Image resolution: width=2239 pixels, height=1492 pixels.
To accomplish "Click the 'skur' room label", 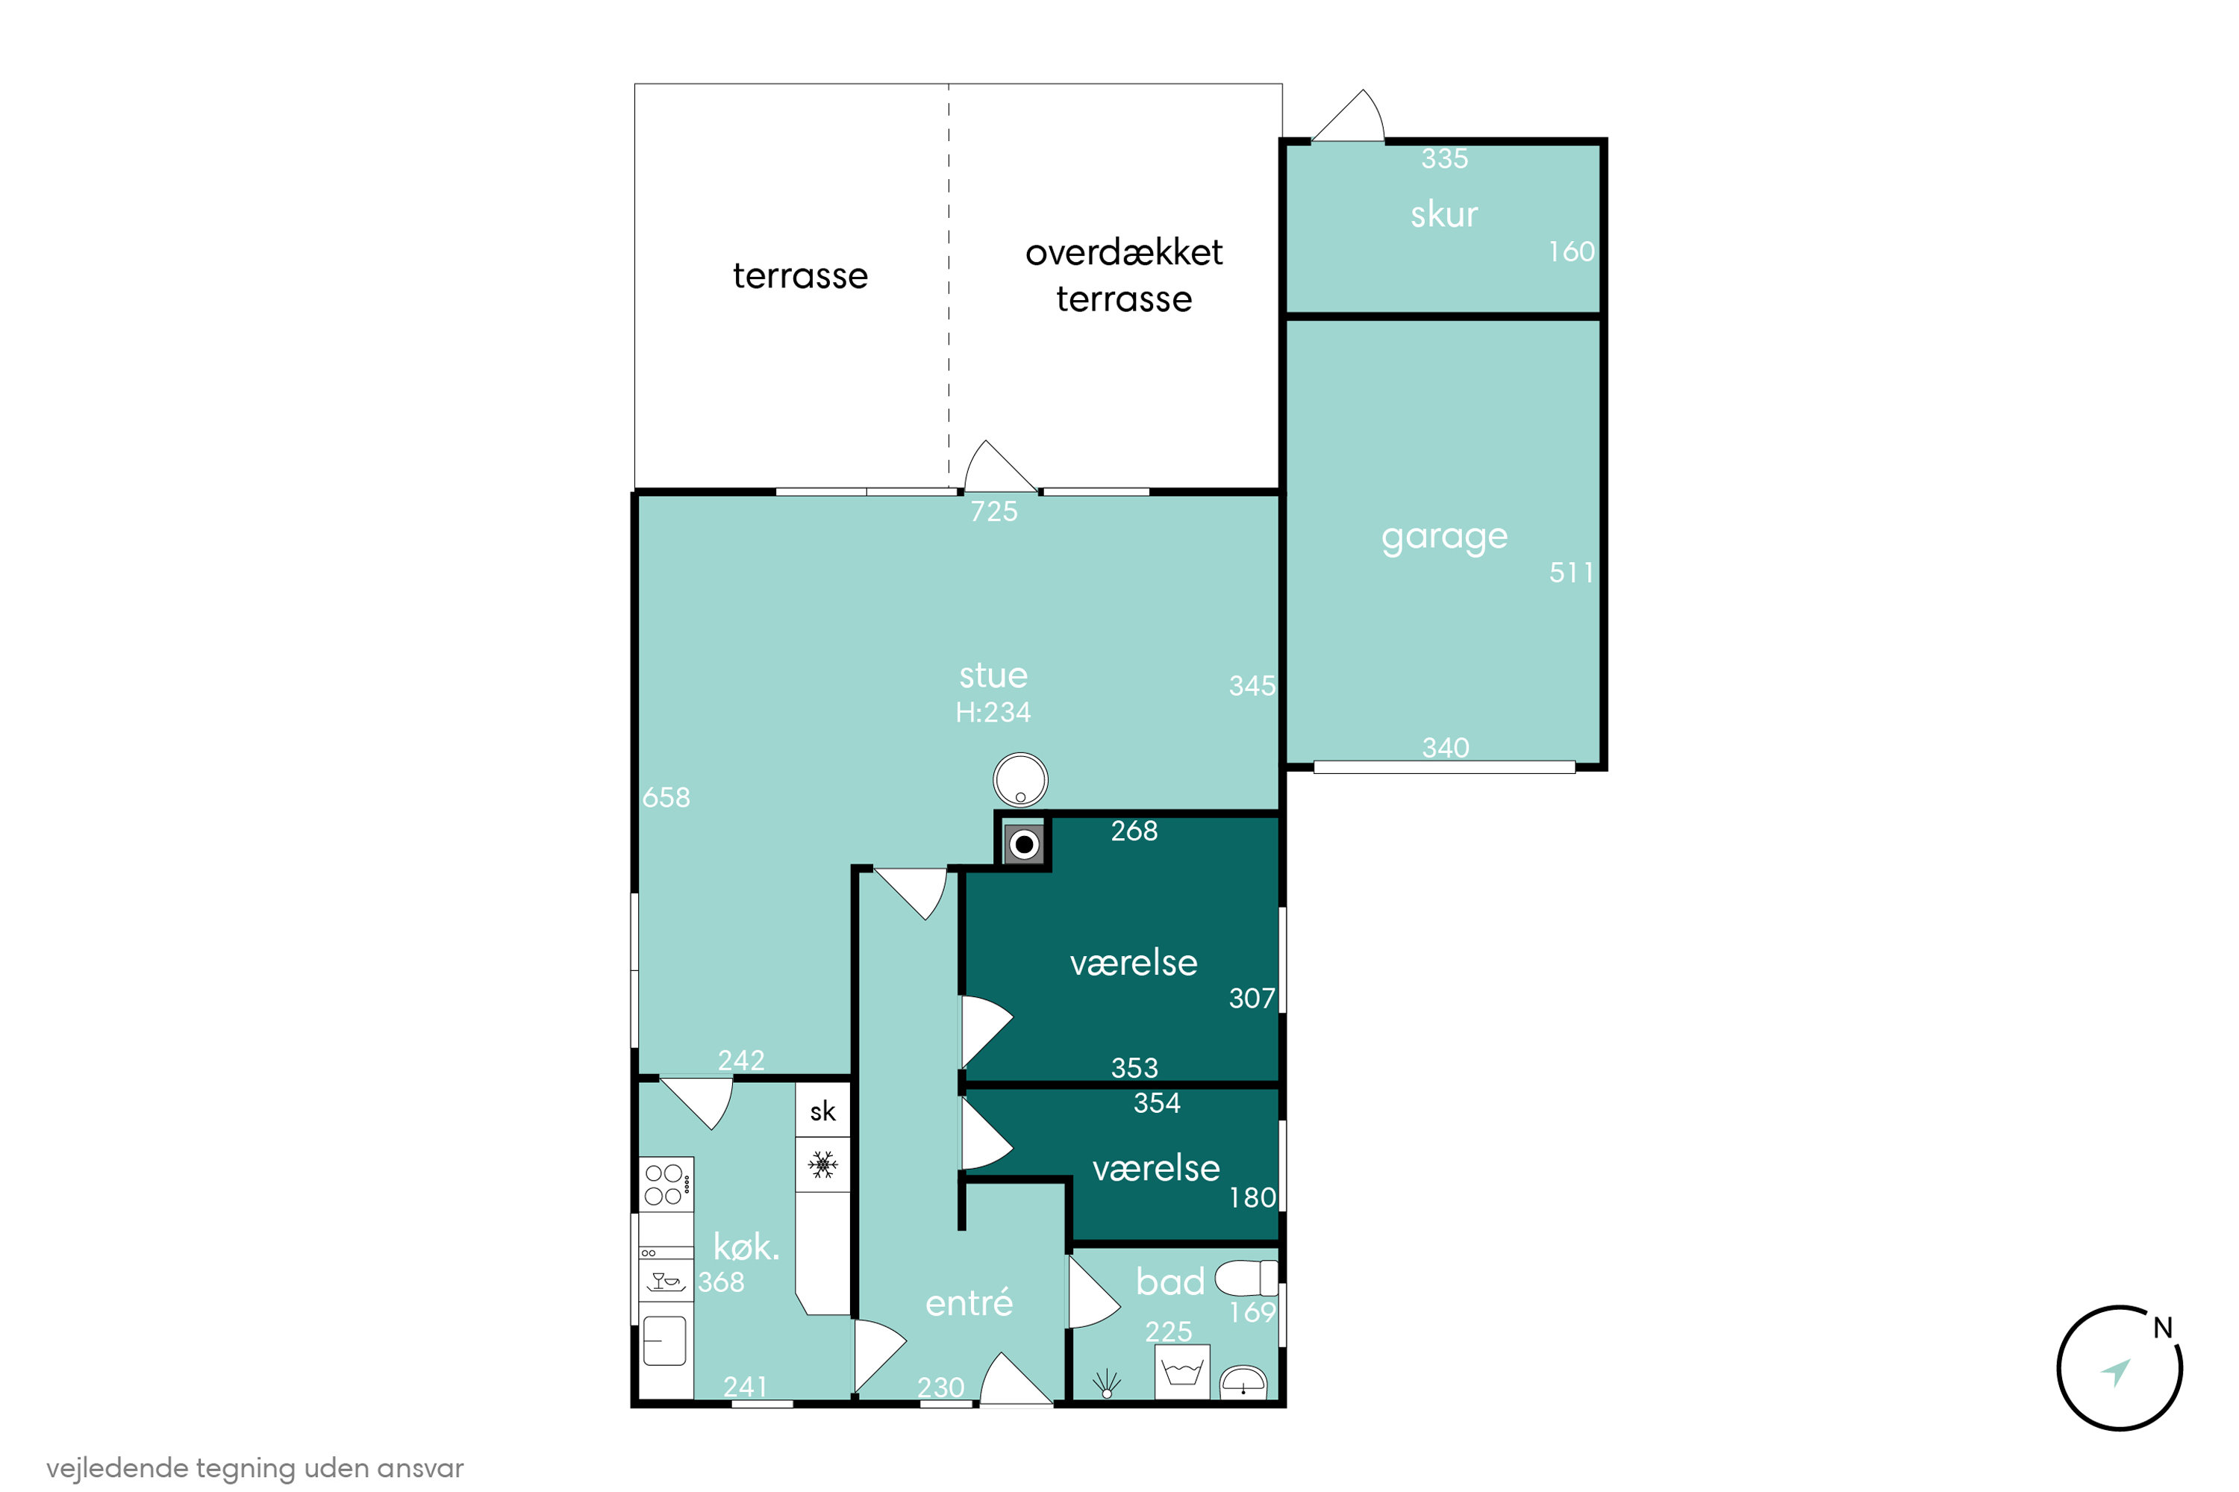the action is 1443,215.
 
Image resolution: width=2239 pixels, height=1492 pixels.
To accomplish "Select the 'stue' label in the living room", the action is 993,675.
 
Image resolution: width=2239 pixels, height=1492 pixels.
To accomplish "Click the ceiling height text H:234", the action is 993,713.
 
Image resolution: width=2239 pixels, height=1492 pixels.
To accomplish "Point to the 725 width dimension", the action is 994,512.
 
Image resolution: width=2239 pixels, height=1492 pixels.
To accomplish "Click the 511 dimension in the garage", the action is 1571,572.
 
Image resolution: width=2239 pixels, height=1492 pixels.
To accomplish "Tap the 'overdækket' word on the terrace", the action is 1124,252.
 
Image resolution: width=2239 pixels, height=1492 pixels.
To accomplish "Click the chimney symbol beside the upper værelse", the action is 1024,844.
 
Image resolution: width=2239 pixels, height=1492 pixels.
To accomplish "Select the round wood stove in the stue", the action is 1020,780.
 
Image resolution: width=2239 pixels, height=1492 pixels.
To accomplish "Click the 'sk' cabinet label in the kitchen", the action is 823,1111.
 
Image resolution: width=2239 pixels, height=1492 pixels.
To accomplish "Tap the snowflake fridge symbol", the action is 823,1164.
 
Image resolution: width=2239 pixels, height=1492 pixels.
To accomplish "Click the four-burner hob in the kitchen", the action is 666,1184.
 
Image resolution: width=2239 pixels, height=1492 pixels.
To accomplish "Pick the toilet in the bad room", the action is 1246,1278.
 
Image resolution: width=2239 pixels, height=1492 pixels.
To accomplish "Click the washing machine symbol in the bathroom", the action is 1183,1371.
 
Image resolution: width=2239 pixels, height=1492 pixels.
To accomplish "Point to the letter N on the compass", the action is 2163,1327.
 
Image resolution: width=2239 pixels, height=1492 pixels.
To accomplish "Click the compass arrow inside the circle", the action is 2117,1371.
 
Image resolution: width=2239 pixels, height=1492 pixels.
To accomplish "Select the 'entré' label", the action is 969,1302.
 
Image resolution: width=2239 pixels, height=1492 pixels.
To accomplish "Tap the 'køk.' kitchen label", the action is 746,1246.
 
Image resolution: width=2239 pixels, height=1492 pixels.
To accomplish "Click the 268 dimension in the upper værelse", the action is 1134,831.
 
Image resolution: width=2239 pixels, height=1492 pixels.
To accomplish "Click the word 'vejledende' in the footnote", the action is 117,1468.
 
